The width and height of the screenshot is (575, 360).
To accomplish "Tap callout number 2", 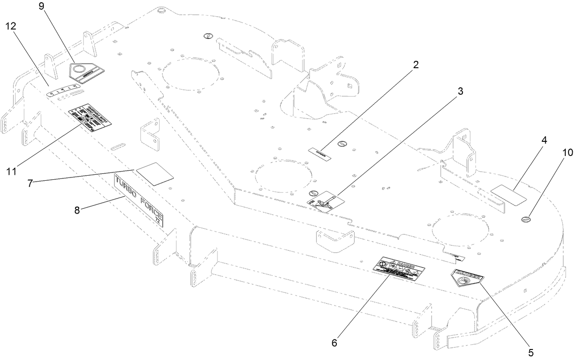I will click(x=415, y=65).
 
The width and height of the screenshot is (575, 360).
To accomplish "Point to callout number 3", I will click(x=460, y=91).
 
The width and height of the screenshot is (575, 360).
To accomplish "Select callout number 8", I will click(x=76, y=210).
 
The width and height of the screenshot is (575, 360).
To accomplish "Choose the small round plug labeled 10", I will click(x=526, y=220).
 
